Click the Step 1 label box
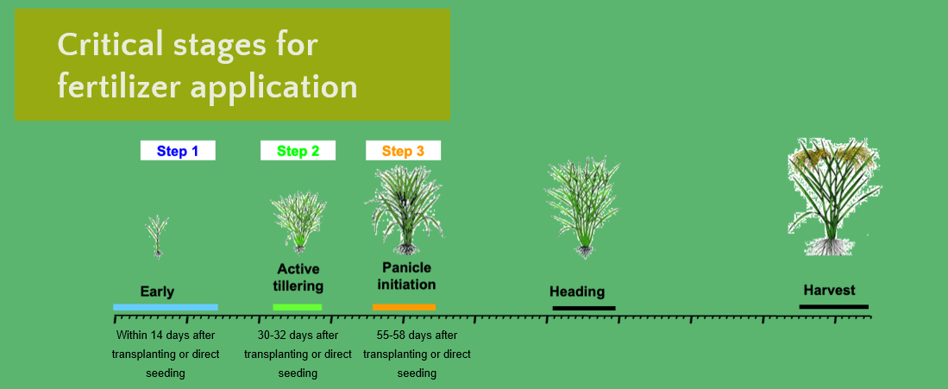point(178,151)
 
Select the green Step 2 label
point(298,151)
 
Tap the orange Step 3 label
point(403,151)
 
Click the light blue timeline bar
point(165,307)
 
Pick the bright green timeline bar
point(298,307)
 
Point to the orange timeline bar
point(404,307)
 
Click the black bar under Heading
point(584,308)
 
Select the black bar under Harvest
point(834,307)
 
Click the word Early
point(157,292)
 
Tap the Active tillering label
point(298,277)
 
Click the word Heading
point(577,292)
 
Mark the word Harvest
point(830,291)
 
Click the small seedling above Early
point(157,236)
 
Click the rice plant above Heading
point(583,208)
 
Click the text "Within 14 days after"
point(166,336)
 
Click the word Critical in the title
point(111,45)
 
